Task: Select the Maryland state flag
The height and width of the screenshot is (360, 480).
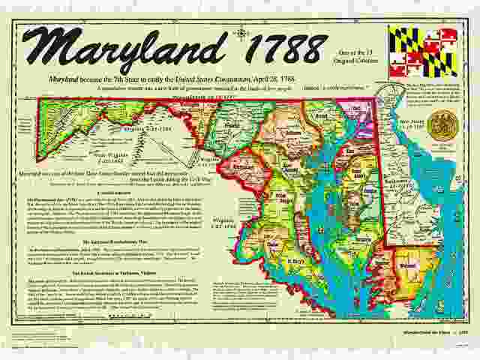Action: [x=422, y=52]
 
